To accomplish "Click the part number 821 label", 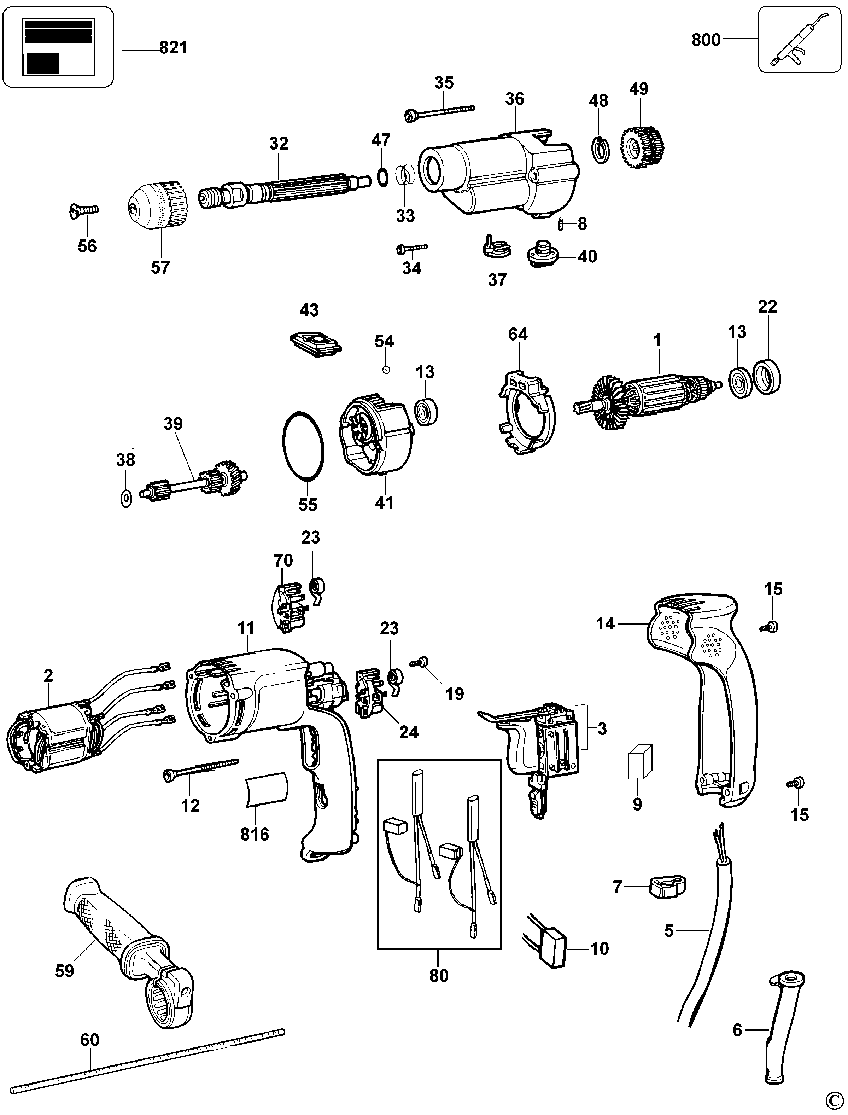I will click(x=173, y=48).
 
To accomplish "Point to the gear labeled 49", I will click(x=642, y=147).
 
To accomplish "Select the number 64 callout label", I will click(x=518, y=334).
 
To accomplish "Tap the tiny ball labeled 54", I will click(x=386, y=370).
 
